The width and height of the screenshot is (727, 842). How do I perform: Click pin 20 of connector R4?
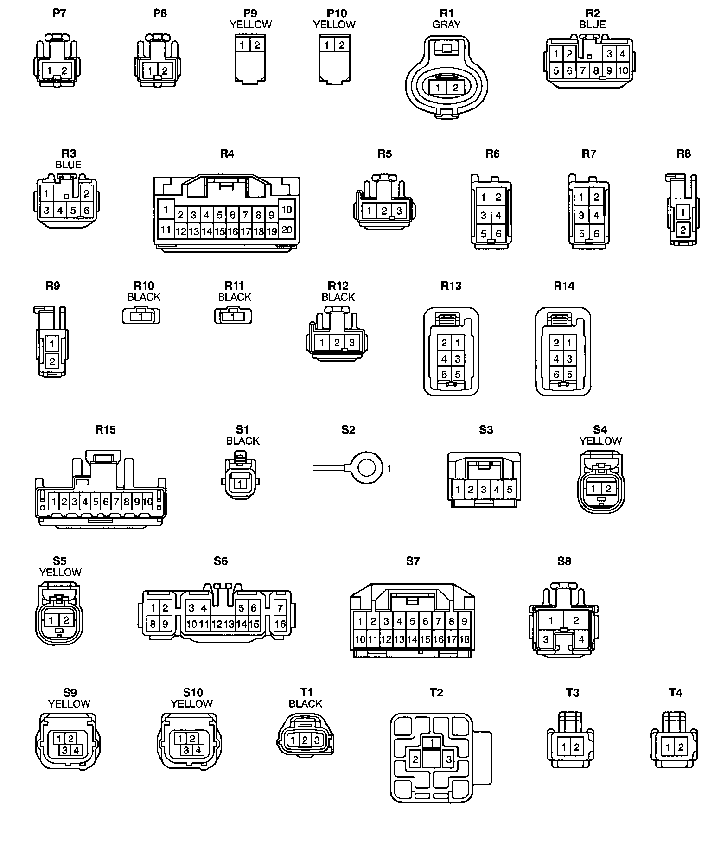pyautogui.click(x=287, y=230)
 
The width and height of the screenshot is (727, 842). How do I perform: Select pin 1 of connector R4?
pyautogui.click(x=166, y=210)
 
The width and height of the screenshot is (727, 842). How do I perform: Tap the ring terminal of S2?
pyautogui.click(x=367, y=468)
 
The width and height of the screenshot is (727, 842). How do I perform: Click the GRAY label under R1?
pyautogui.click(x=446, y=25)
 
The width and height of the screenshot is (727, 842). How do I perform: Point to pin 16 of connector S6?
pyautogui.click(x=280, y=624)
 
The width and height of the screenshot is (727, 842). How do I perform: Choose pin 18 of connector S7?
pyautogui.click(x=464, y=640)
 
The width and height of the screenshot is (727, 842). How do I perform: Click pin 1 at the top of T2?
pyautogui.click(x=432, y=743)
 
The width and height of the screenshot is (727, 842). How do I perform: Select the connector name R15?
pyautogui.click(x=105, y=429)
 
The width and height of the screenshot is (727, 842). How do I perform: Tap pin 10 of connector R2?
pyautogui.click(x=622, y=71)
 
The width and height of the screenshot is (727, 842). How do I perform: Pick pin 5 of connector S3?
pyautogui.click(x=510, y=489)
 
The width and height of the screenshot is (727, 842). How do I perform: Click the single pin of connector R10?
pyautogui.click(x=141, y=317)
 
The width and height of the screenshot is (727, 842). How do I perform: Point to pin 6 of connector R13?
pyautogui.click(x=444, y=374)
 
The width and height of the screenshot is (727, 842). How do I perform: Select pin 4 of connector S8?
pyautogui.click(x=581, y=640)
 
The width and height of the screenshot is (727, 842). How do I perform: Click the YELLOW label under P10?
pyautogui.click(x=334, y=25)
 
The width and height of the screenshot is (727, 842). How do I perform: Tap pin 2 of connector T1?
pyautogui.click(x=305, y=740)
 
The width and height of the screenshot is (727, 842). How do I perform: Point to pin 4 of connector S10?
pyautogui.click(x=198, y=750)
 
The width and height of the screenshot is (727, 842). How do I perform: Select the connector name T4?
pyautogui.click(x=676, y=693)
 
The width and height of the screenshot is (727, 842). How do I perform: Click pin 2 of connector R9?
pyautogui.click(x=52, y=362)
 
